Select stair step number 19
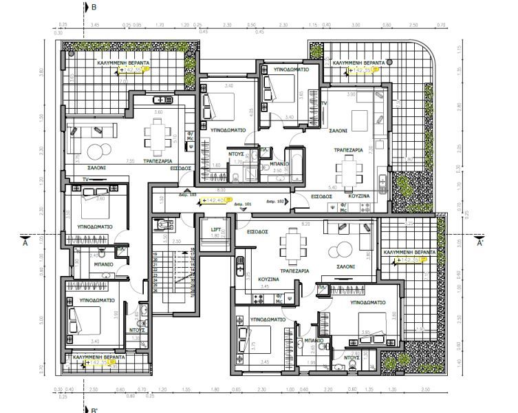click(x=155, y=254)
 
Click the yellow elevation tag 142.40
click(x=213, y=200)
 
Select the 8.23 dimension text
click(x=305, y=223)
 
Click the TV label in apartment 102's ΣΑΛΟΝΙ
click(x=323, y=103)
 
